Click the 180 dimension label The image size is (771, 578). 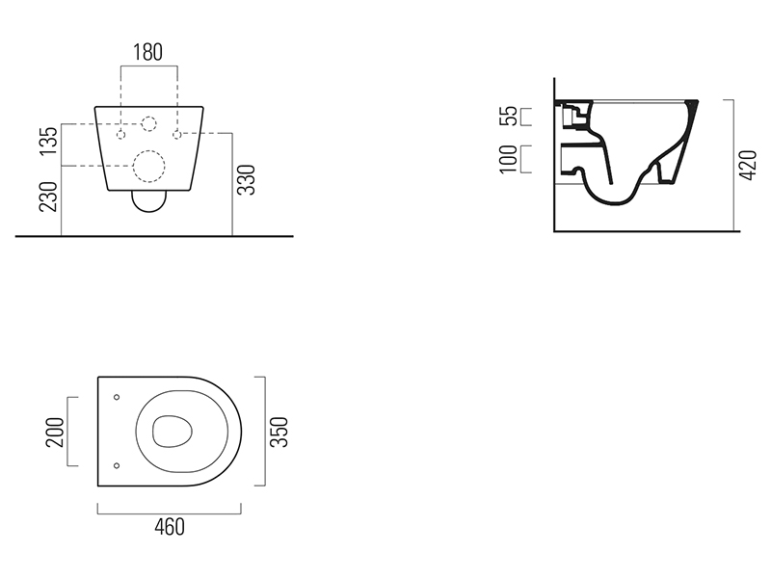148,52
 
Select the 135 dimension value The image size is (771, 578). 49,141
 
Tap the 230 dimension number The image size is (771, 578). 49,197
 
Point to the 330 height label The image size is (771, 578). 247,180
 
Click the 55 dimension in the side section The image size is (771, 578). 509,116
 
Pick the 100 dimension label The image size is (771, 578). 509,159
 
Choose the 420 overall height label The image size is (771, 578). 748,165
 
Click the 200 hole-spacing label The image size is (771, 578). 55,432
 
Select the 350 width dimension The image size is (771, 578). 279,432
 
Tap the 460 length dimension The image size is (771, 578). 170,527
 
